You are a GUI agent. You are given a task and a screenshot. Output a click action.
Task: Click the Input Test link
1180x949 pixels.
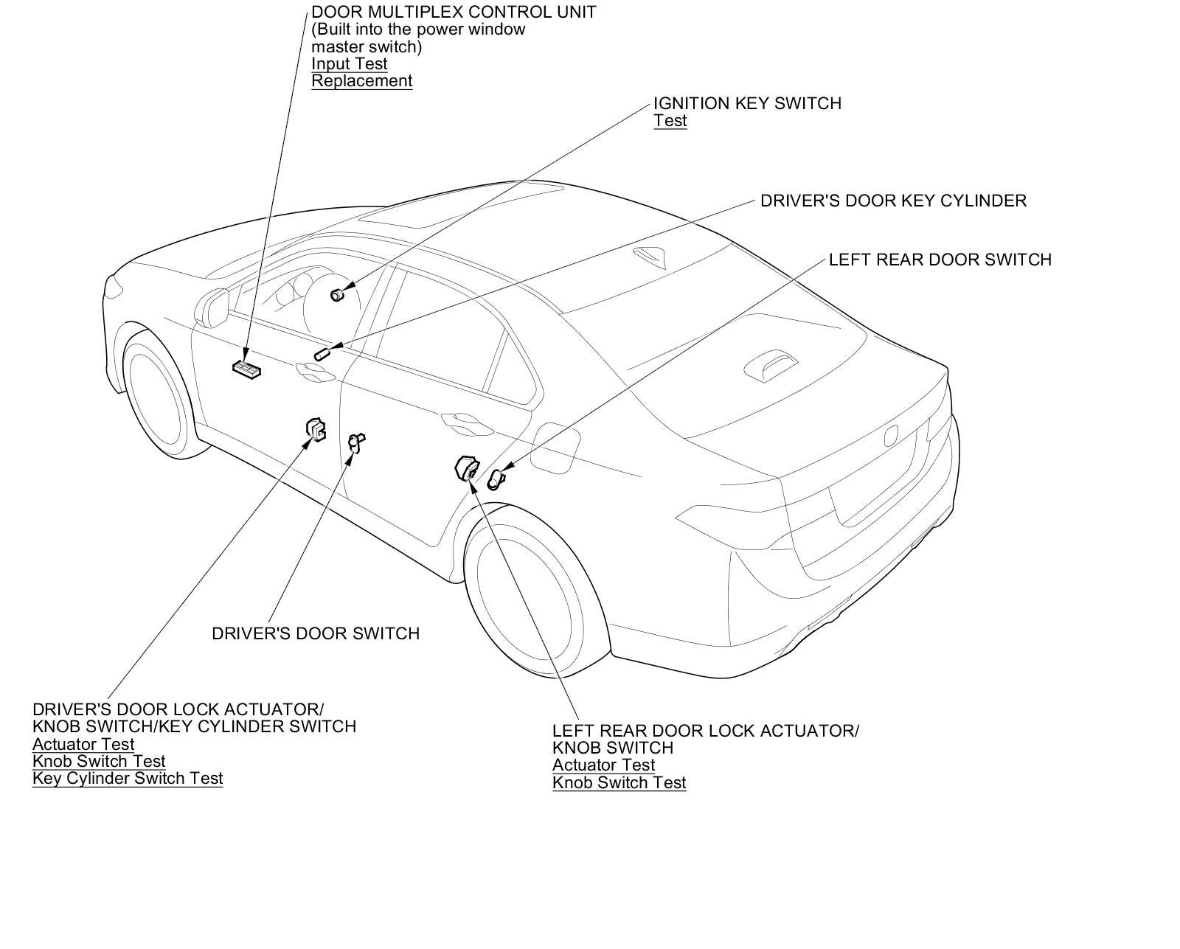pos(349,64)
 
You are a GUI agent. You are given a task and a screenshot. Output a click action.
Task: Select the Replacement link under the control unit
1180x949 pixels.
pos(361,81)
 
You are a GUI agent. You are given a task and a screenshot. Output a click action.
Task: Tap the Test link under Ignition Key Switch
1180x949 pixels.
pos(670,121)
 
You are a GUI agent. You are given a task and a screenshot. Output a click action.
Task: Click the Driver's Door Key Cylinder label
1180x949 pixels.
pos(893,201)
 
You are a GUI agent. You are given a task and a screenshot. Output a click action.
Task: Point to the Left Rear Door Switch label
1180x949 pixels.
pos(940,260)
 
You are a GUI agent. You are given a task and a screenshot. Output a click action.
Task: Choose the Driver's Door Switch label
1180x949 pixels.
pos(315,633)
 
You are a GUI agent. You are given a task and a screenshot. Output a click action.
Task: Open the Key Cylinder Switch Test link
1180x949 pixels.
pos(128,779)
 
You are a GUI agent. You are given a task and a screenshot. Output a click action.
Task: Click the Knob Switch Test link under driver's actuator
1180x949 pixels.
pos(99,761)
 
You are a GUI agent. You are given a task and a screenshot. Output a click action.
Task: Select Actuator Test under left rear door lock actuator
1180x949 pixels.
pos(603,765)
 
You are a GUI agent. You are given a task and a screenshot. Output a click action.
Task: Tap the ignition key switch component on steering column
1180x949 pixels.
pos(338,294)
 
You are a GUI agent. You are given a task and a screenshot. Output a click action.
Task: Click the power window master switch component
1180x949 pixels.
pos(246,368)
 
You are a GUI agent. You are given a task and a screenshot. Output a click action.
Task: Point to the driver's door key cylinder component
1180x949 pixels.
pos(322,355)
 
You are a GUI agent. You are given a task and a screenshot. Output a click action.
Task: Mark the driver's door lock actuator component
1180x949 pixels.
pos(316,429)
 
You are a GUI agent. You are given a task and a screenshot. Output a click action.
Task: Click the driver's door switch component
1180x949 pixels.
pos(356,442)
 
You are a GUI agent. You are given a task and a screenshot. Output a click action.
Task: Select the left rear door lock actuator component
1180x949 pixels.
pos(466,468)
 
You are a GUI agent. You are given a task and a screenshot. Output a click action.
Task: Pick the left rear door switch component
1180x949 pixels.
pos(496,480)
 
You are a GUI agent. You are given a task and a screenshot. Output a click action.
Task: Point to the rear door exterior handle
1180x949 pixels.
pos(462,421)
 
